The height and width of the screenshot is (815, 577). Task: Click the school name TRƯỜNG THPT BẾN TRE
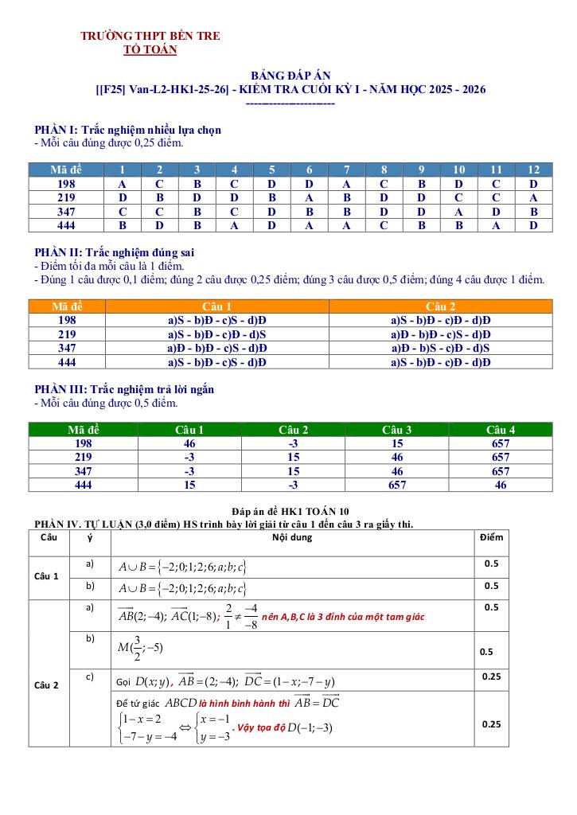[150, 36]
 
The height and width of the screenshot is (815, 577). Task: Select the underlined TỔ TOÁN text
[150, 49]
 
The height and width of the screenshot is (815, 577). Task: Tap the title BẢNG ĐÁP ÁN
[290, 75]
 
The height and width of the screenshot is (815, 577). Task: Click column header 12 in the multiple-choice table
[533, 170]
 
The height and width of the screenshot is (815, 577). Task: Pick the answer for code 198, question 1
[122, 184]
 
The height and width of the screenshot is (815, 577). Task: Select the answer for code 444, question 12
[533, 225]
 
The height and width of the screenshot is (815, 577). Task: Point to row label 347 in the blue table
[67, 212]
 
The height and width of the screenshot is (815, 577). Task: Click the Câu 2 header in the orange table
[440, 306]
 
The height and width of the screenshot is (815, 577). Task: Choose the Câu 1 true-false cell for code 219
[216, 334]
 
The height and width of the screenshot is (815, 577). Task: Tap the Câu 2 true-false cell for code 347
[440, 349]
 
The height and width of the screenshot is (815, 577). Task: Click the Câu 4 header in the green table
[500, 430]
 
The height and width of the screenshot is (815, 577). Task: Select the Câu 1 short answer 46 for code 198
[189, 443]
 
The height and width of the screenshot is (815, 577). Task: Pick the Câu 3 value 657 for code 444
[397, 485]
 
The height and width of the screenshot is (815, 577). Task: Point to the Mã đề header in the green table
[83, 430]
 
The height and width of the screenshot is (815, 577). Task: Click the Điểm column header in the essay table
[491, 537]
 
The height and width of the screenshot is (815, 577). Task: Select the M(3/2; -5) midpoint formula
[139, 646]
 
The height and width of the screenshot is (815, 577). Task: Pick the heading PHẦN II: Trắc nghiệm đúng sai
[115, 252]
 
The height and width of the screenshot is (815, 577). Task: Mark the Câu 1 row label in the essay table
[46, 575]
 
